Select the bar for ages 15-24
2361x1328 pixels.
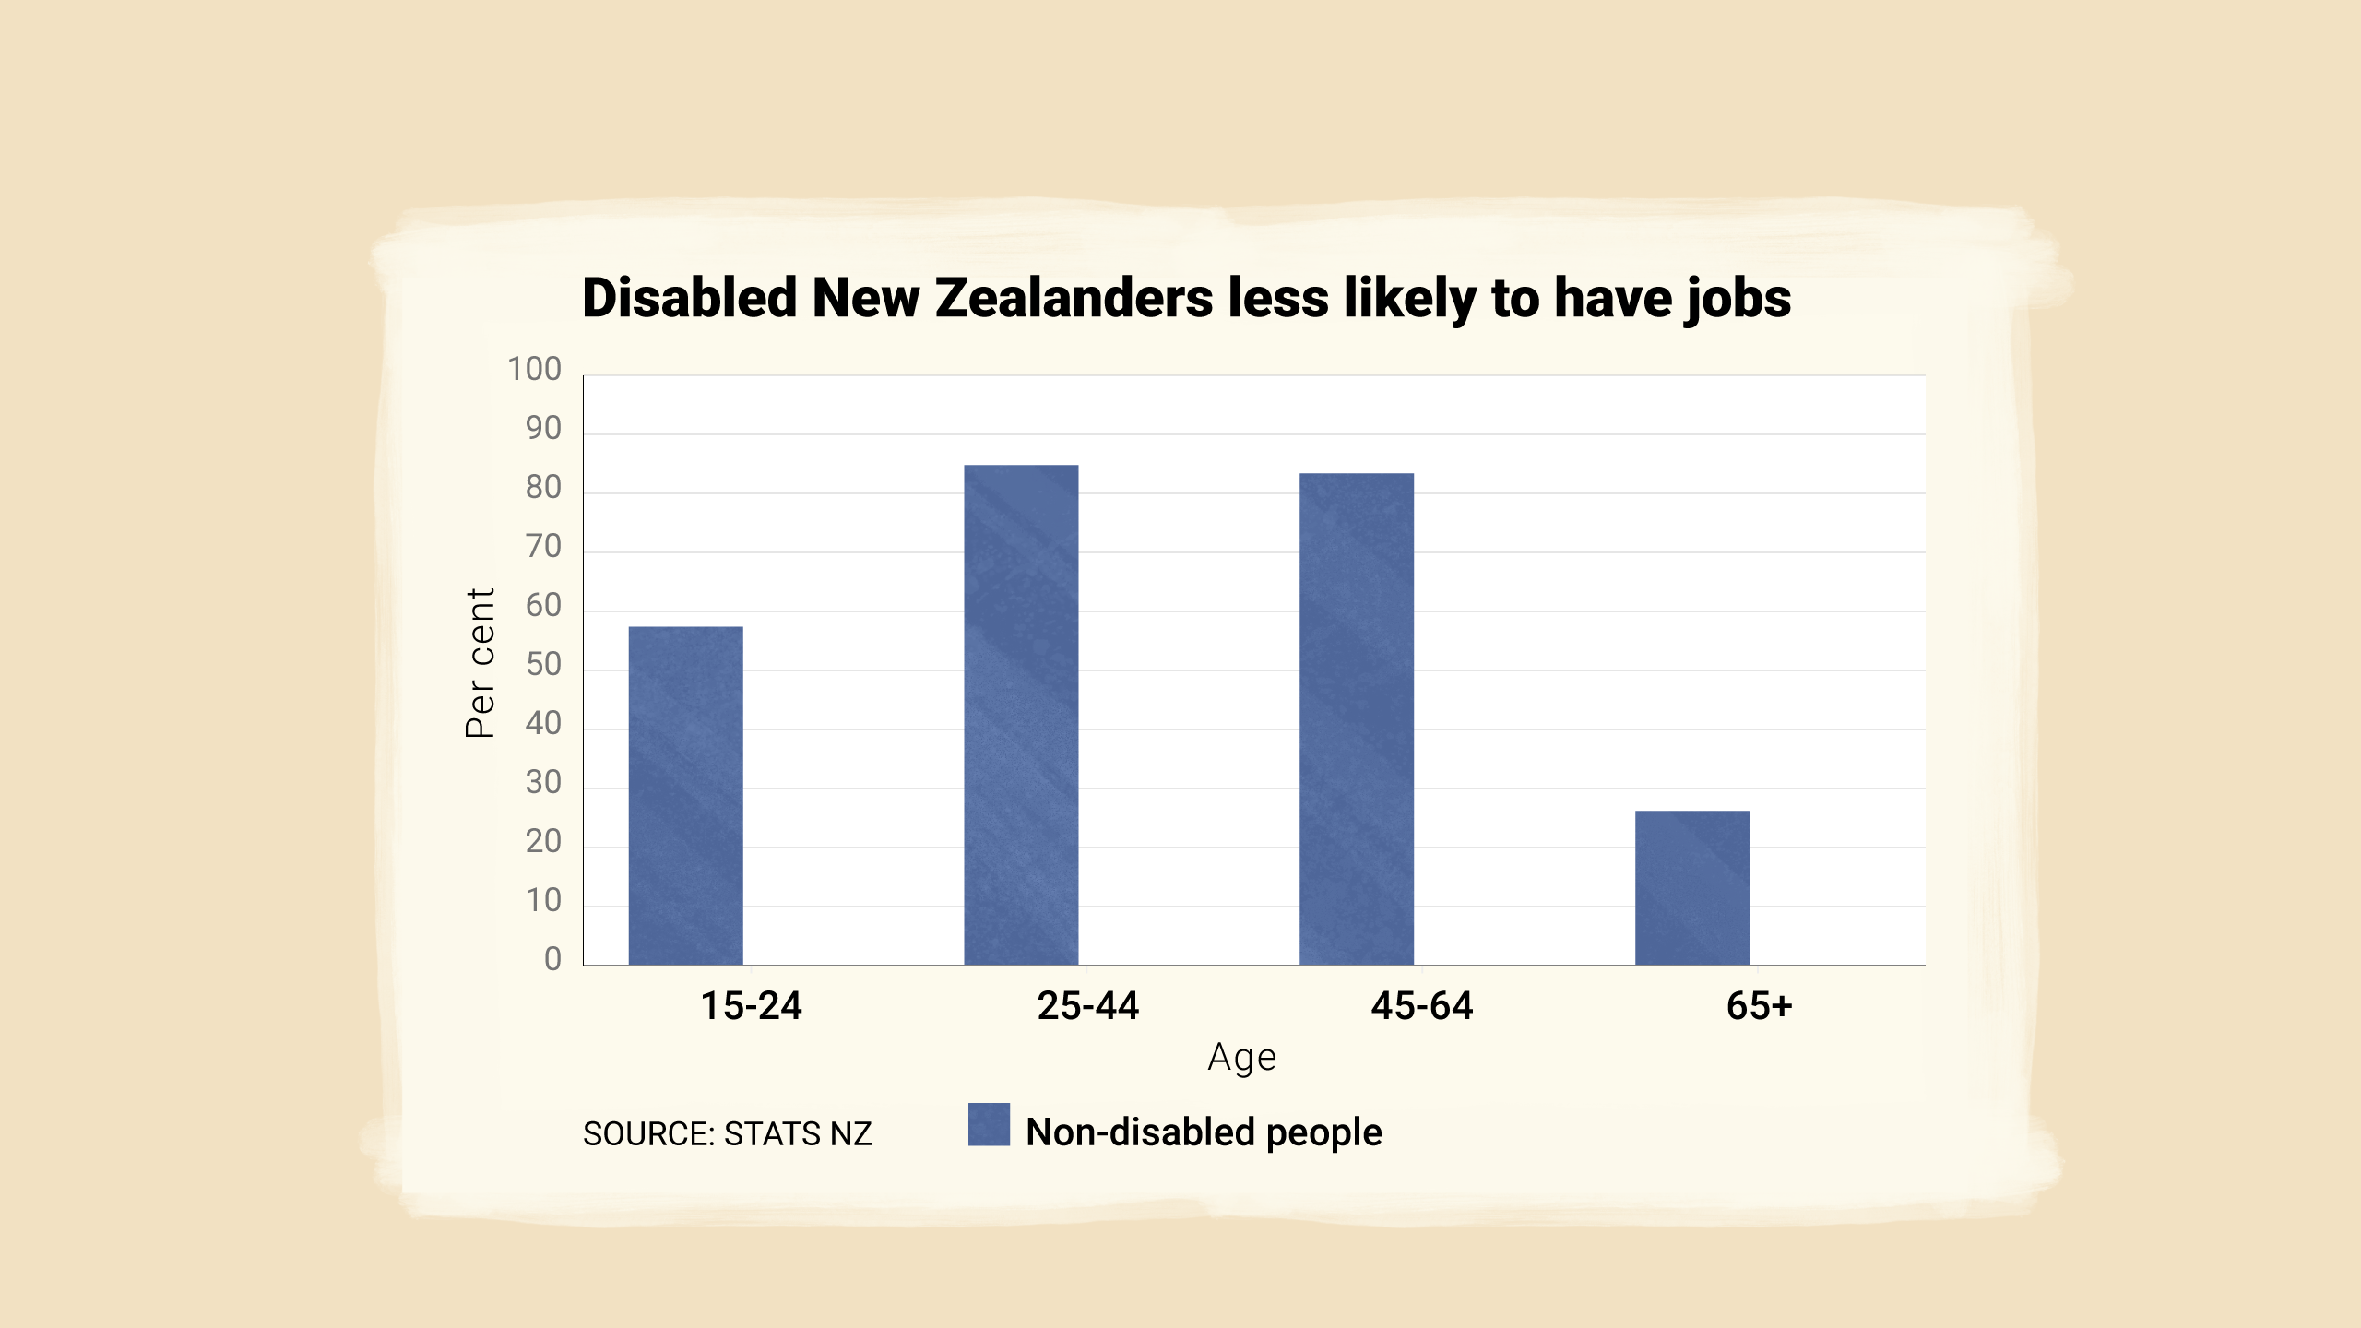coord(685,795)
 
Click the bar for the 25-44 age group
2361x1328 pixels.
coord(1021,715)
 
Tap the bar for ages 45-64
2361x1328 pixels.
coord(1357,718)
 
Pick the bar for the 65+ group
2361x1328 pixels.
coord(1692,887)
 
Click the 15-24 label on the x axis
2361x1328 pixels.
coord(751,1005)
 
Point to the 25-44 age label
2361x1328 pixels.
coord(1087,1005)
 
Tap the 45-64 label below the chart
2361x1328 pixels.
coord(1422,1005)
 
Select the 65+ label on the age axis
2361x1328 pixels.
coord(1759,1005)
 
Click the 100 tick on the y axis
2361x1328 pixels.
coord(534,369)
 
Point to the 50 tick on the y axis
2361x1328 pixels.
coord(543,664)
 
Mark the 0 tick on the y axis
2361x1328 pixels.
coord(552,959)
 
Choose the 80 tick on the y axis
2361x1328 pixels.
coord(543,487)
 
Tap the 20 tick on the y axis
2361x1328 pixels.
coord(543,841)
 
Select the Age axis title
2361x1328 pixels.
coord(1242,1057)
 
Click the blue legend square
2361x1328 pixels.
coord(989,1124)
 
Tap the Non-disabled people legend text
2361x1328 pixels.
coord(1204,1132)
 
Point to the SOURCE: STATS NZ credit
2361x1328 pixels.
coord(727,1133)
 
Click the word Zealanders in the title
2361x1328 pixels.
coord(1074,298)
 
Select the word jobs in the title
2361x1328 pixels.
coord(1738,300)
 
